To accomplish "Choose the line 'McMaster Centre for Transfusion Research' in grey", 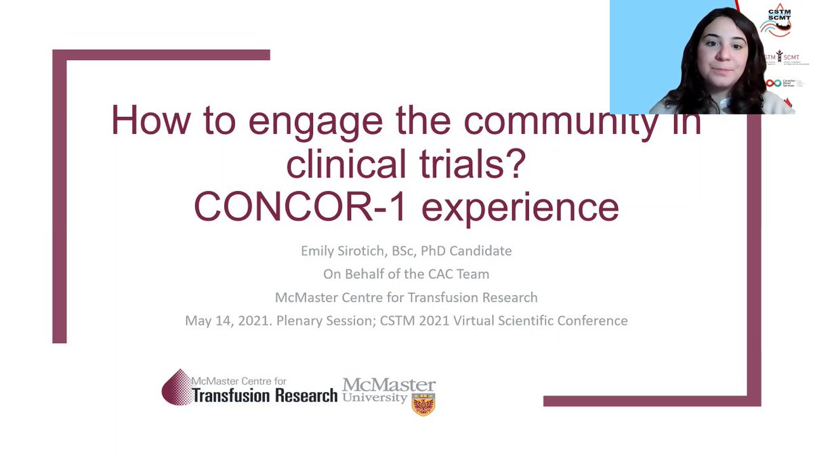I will point(406,297).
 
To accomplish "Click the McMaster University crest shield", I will point(423,404).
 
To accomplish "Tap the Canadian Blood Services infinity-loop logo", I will point(774,83).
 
